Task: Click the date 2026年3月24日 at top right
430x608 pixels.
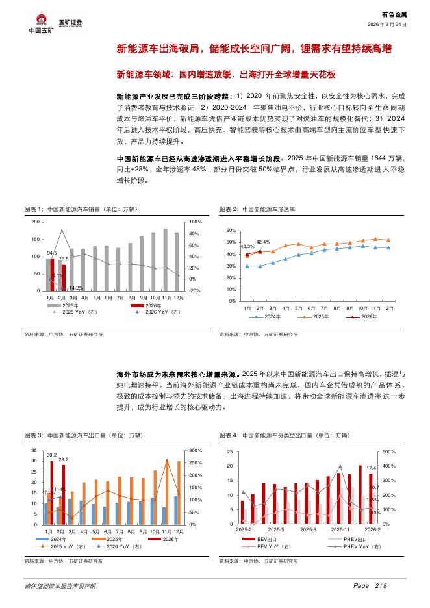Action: (x=388, y=24)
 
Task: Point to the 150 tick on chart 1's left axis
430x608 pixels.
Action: (x=34, y=239)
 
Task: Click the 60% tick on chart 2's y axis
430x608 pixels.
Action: (x=231, y=231)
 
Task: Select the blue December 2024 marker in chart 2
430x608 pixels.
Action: (x=388, y=247)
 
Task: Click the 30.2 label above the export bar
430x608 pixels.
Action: (x=51, y=455)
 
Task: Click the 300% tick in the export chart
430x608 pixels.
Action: (x=195, y=450)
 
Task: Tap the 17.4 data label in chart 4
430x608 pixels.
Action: (x=371, y=468)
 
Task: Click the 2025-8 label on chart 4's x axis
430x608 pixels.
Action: (x=309, y=530)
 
